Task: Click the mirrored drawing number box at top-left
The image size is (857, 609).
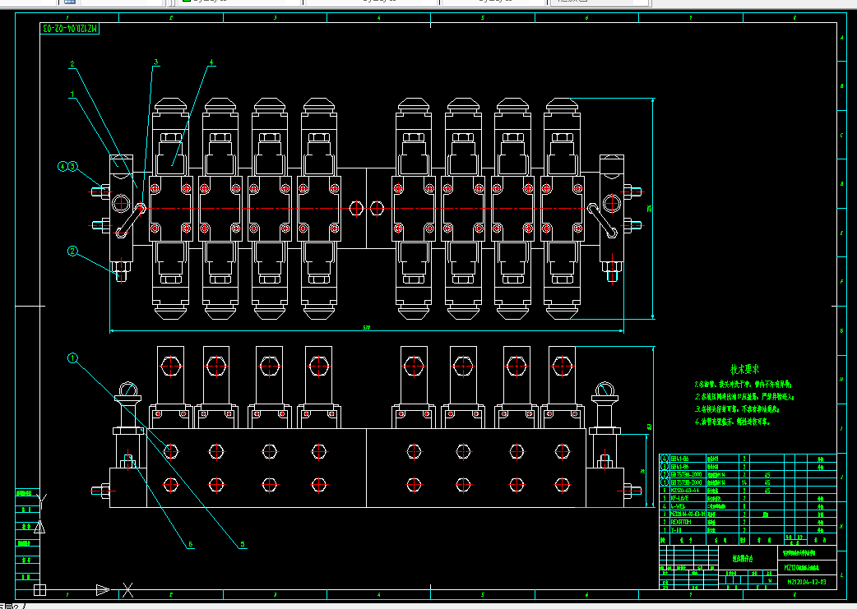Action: (70, 29)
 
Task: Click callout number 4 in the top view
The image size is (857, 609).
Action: (211, 62)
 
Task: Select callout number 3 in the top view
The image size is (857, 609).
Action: (155, 62)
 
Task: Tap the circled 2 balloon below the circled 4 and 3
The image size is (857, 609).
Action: (72, 251)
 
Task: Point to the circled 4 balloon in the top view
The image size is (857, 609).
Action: (62, 166)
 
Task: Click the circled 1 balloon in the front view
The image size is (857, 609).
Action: (72, 358)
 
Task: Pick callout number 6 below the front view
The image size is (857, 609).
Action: (190, 544)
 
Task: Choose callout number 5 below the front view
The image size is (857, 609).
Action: (243, 544)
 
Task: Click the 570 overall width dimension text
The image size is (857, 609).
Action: (366, 329)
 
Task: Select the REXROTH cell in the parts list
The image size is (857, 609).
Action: (681, 521)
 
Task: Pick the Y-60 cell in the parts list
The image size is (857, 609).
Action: (676, 529)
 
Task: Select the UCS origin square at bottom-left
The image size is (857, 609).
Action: (39, 589)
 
